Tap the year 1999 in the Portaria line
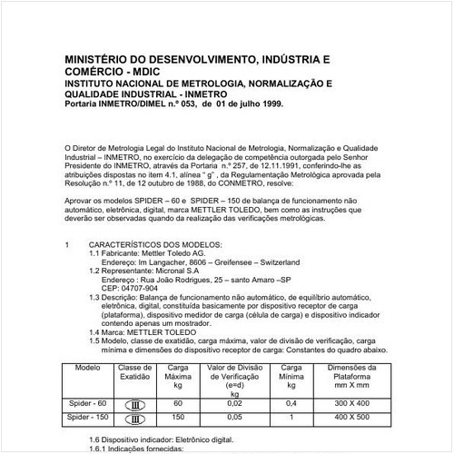268,104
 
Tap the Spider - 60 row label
87,402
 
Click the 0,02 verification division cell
234,402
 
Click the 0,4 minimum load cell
290,402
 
